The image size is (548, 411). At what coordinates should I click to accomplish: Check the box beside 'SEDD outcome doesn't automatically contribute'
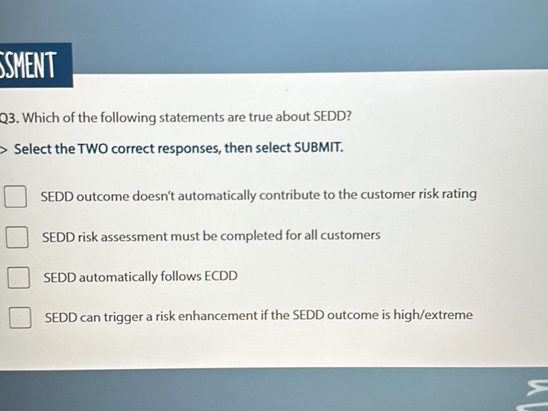pos(16,197)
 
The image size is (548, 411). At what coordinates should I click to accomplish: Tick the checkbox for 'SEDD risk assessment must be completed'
pos(17,238)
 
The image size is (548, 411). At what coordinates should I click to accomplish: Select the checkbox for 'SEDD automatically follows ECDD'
pos(18,278)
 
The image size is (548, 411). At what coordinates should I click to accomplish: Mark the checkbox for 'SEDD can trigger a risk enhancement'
pos(20,317)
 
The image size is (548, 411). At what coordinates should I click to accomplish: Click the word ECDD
pos(221,276)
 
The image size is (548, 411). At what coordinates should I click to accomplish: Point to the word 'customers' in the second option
pos(351,235)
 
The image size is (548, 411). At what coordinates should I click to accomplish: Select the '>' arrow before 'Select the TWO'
pos(4,150)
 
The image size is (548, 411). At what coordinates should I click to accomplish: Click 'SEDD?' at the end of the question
pos(333,117)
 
